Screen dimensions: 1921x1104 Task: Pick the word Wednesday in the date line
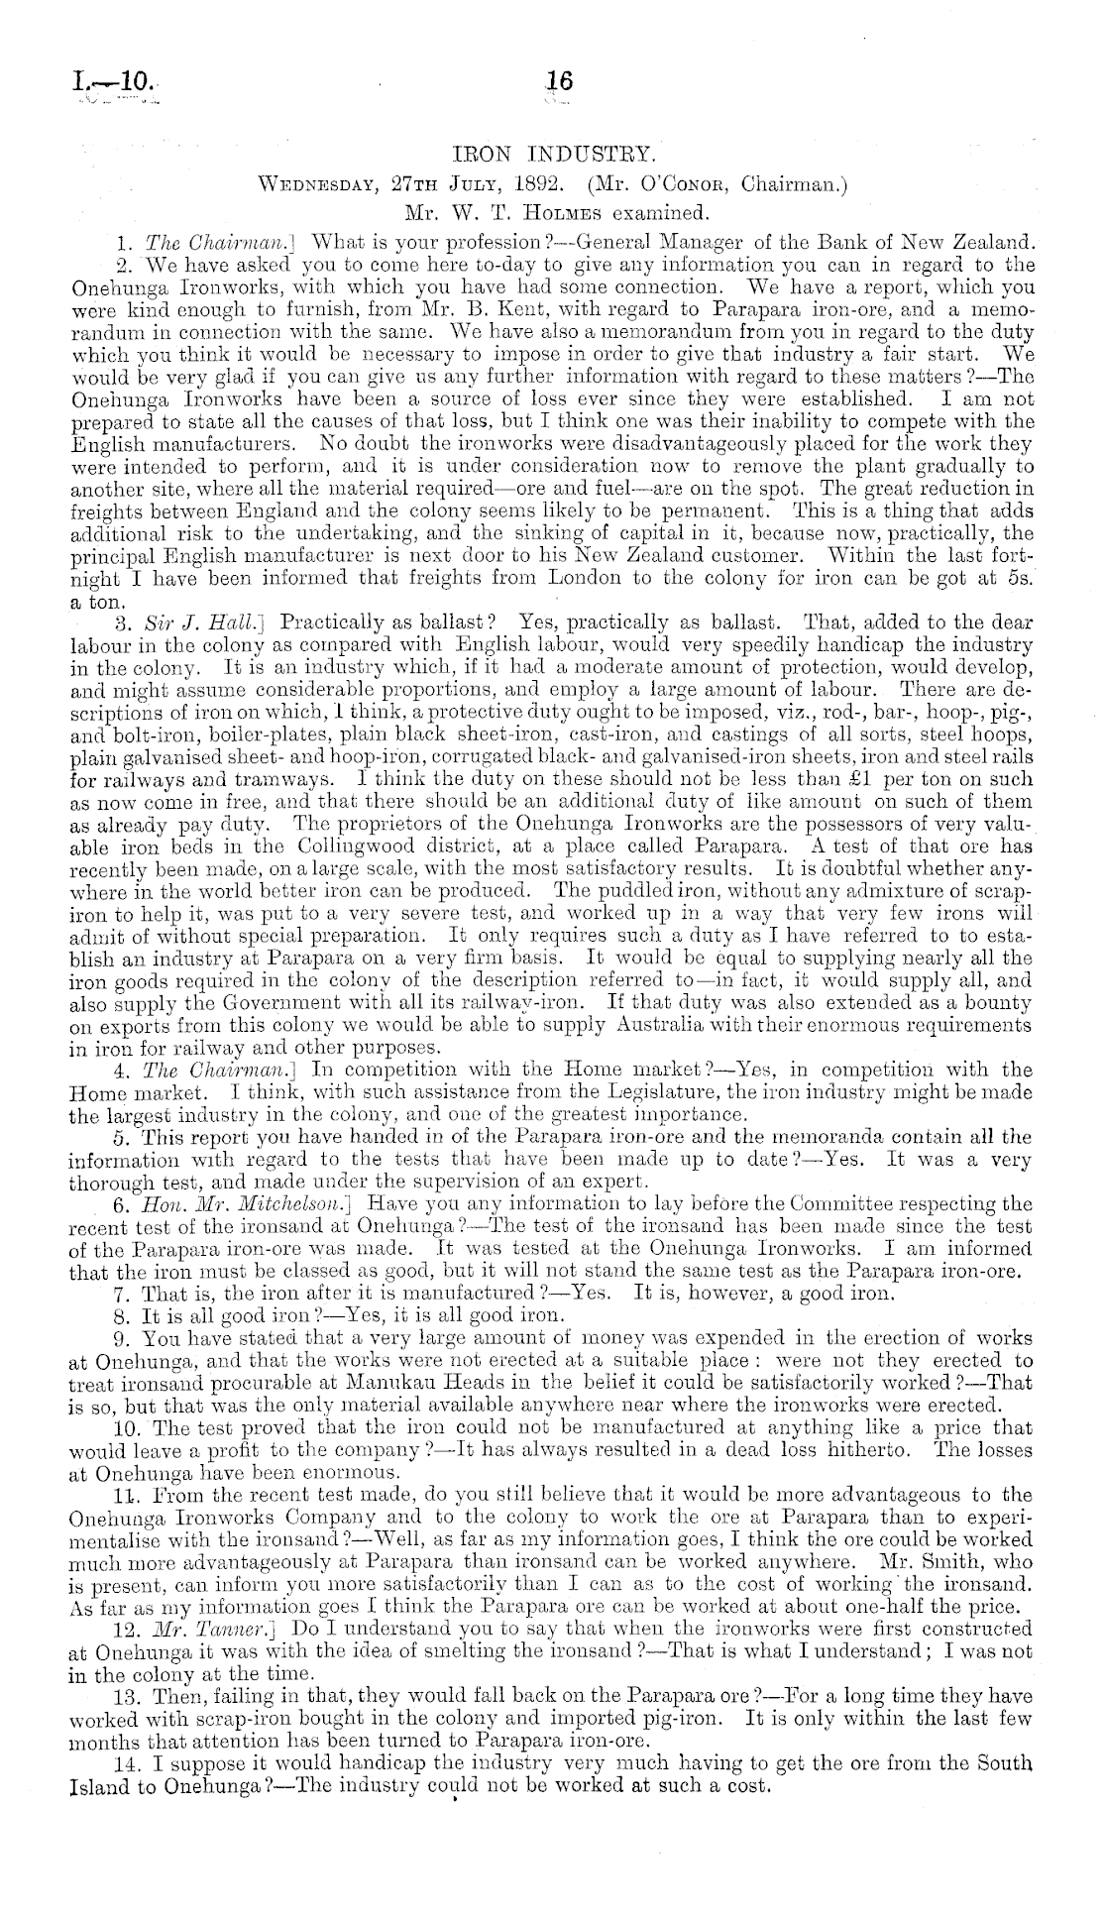[x=321, y=184]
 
